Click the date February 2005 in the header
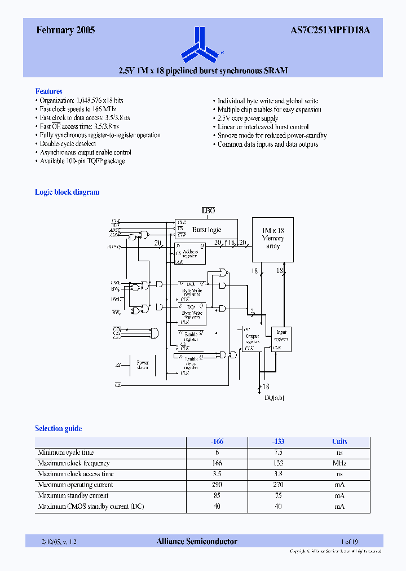coord(65,31)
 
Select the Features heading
coord(49,91)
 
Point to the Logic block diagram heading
coord(67,192)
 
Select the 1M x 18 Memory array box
coord(273,239)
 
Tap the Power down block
coord(142,364)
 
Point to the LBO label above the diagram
coord(209,210)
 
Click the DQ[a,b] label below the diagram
coord(275,398)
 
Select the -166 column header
coord(217,442)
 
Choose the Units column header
coord(339,442)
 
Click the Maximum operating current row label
coord(75,485)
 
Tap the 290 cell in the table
coord(217,485)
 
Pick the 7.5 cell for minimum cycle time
coord(278,453)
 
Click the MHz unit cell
coord(339,463)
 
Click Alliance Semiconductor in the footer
coord(197,542)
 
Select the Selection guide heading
coord(59,428)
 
